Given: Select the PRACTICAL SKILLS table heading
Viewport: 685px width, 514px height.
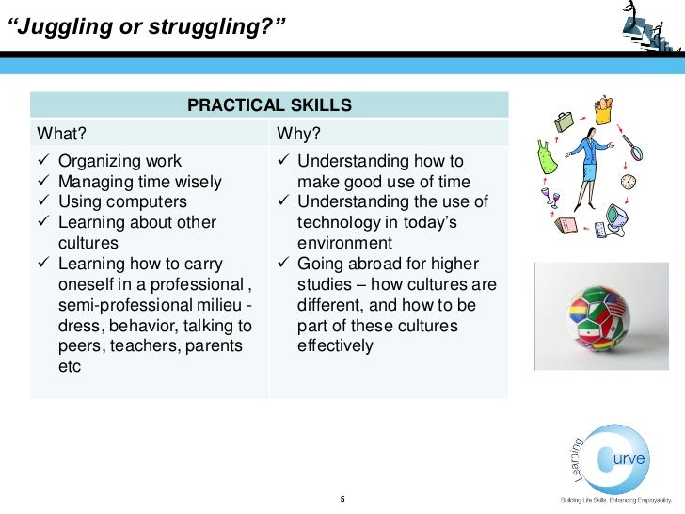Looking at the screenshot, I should pyautogui.click(x=269, y=104).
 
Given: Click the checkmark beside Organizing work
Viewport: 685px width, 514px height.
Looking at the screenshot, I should pyautogui.click(x=43, y=161).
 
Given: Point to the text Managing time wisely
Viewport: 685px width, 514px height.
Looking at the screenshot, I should pyautogui.click(x=140, y=182).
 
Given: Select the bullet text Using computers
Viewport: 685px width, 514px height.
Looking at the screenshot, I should pyautogui.click(x=122, y=202).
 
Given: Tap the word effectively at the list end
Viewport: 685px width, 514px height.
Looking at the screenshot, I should pyautogui.click(x=335, y=346).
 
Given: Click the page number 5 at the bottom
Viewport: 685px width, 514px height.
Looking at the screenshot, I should pyautogui.click(x=342, y=498).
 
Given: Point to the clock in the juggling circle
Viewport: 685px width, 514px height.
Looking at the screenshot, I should pyautogui.click(x=628, y=181).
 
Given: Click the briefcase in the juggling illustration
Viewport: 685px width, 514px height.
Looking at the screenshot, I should pyautogui.click(x=563, y=120).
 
